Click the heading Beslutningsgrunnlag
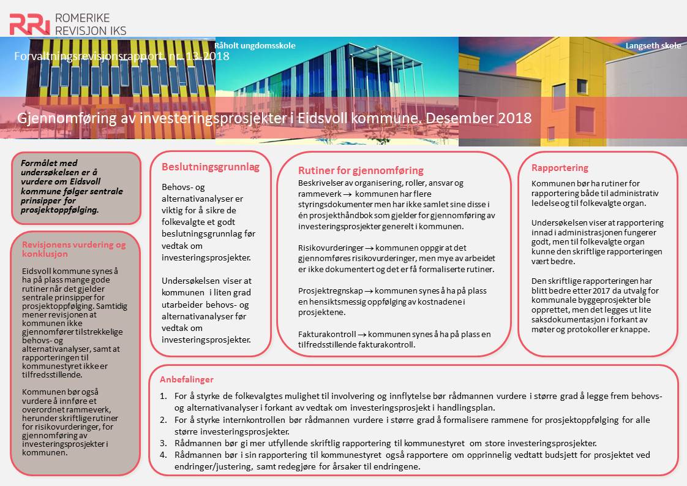(211, 167)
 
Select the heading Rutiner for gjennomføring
(361, 170)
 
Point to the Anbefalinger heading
(187, 379)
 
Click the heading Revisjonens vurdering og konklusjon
(73, 249)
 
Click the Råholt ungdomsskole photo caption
(255, 45)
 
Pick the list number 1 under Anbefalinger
(163, 396)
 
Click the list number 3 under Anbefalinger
(163, 443)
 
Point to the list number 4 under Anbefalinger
(163, 455)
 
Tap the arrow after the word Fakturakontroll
(362, 335)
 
